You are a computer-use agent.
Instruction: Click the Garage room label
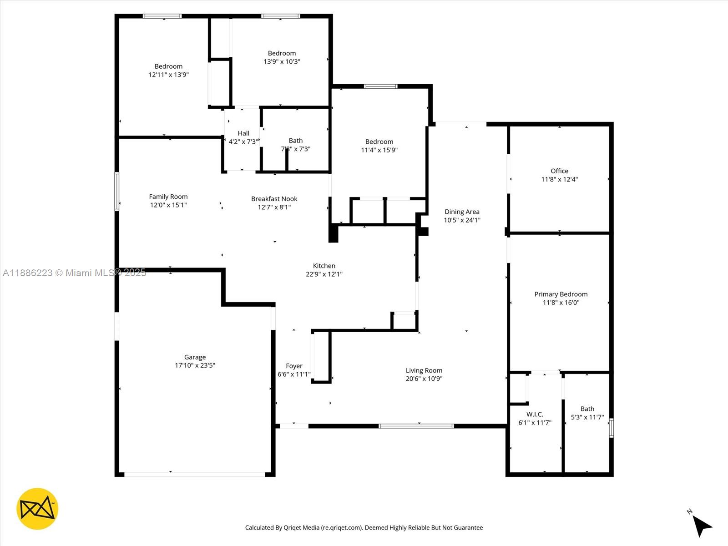[195, 357]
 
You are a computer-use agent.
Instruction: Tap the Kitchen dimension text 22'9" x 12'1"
[324, 274]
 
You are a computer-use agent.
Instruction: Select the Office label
[560, 171]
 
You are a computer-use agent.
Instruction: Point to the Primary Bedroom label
[561, 294]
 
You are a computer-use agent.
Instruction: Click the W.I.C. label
[535, 415]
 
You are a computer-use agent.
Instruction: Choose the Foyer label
[294, 366]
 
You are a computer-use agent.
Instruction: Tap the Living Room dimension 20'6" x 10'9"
[424, 379]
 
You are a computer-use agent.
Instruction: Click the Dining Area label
[462, 212]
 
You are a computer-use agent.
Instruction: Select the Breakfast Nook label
[274, 199]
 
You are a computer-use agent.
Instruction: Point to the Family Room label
[168, 197]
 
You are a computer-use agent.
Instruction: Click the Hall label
[243, 133]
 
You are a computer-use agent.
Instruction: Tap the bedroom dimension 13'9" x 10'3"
[282, 62]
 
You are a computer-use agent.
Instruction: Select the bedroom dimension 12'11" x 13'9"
[168, 75]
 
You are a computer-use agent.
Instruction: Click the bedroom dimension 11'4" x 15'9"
[379, 150]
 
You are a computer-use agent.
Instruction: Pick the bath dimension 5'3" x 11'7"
[587, 417]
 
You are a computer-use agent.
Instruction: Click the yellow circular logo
[37, 509]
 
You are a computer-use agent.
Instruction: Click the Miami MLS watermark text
[74, 273]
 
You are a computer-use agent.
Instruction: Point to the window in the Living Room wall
[416, 426]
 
